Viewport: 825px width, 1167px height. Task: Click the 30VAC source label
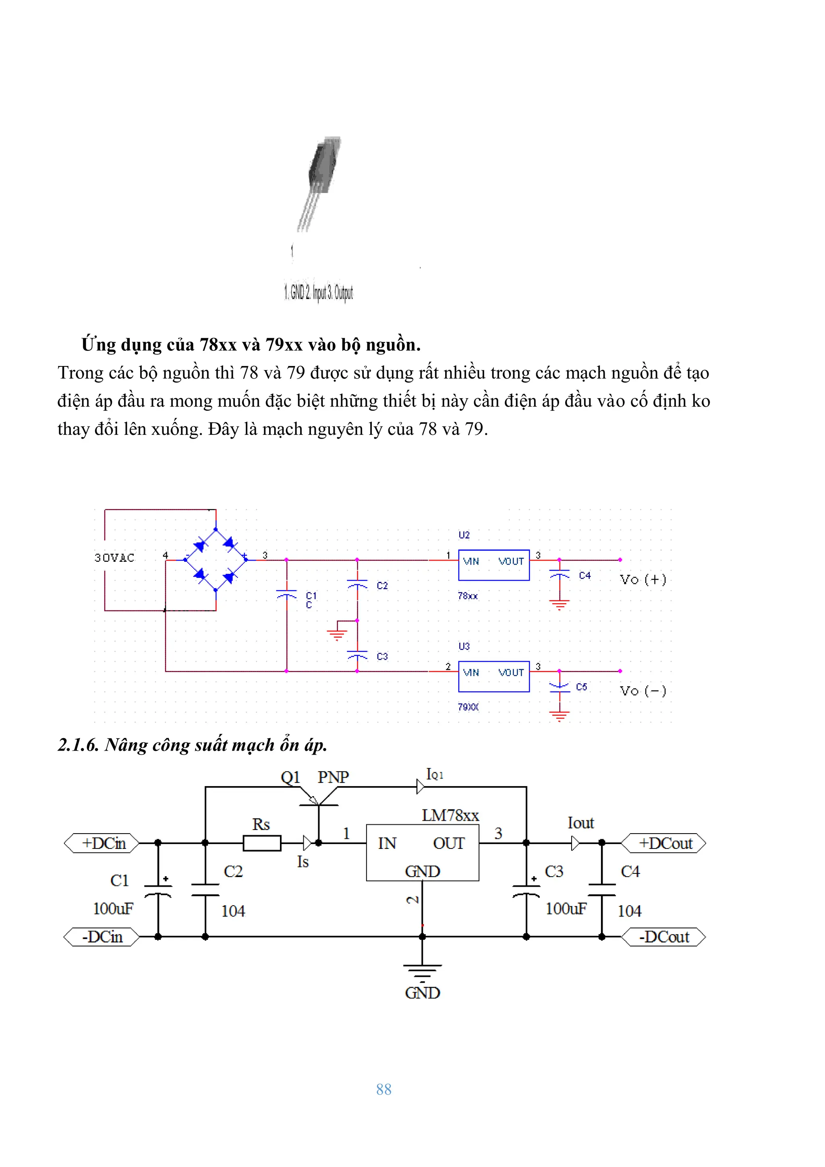pos(114,558)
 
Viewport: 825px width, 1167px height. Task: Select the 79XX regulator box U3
pos(493,676)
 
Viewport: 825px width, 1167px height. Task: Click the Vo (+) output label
pos(643,579)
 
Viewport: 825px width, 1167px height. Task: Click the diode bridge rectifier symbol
pos(216,560)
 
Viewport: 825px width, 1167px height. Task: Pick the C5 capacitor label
pos(582,687)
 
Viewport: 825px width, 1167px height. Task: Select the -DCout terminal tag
pos(664,937)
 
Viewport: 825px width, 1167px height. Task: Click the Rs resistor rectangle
pos(262,843)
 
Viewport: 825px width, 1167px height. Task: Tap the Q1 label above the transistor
pos(290,777)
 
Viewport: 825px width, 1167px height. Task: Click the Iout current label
pos(580,823)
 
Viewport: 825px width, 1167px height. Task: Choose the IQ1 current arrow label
pos(435,775)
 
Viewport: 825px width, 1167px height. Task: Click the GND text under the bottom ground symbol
pos(423,993)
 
